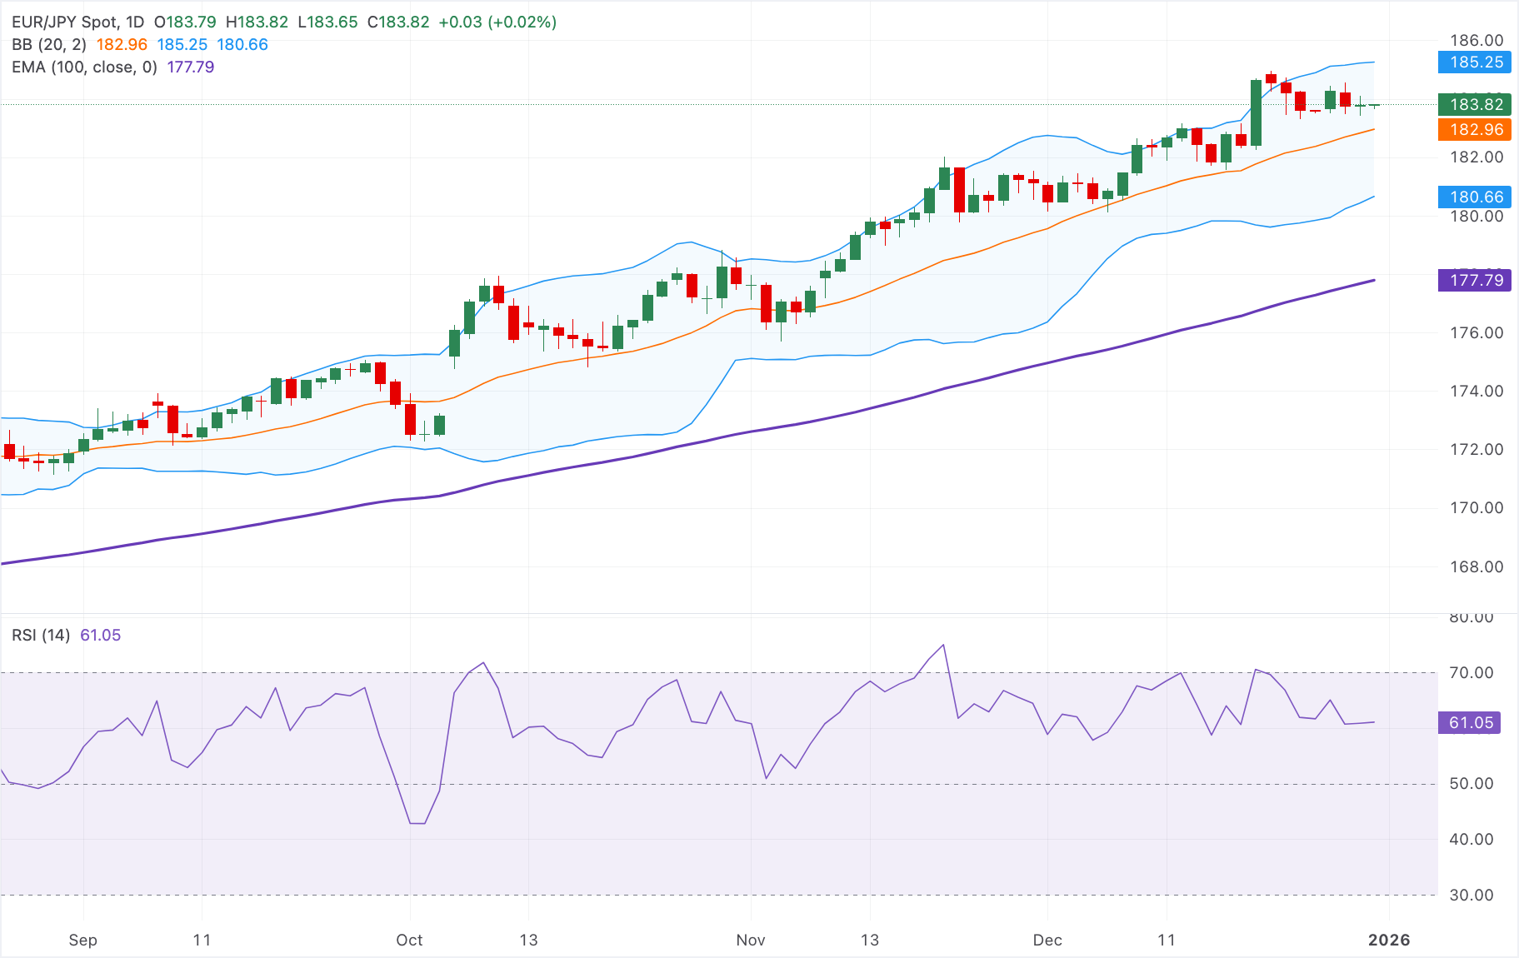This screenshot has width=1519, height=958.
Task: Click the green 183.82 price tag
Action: [1475, 104]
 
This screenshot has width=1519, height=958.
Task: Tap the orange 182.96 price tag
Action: [1475, 129]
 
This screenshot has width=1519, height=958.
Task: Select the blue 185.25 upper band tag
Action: [1475, 62]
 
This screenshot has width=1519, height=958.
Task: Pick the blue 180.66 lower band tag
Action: [1475, 197]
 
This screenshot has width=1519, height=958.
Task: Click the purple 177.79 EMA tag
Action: [1475, 280]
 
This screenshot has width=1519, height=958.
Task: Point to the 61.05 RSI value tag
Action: [1470, 722]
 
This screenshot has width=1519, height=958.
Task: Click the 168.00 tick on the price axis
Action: [1477, 566]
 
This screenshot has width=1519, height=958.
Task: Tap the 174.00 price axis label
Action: [1477, 391]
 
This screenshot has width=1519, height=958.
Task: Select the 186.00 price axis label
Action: [1477, 40]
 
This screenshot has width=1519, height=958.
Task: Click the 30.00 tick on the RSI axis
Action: [1471, 895]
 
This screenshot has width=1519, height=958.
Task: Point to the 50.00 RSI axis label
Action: [1471, 783]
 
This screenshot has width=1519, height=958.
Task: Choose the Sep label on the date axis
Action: [82, 940]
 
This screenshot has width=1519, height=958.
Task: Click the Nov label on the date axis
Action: [750, 940]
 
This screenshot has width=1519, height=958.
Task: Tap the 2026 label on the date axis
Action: [1389, 940]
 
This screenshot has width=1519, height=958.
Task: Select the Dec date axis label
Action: [1047, 940]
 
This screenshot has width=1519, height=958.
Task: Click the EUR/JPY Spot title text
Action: [64, 22]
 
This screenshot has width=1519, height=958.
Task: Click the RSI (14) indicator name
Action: [41, 635]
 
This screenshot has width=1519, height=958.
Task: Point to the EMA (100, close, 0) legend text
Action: [84, 67]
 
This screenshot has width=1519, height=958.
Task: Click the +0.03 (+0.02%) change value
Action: [497, 22]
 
